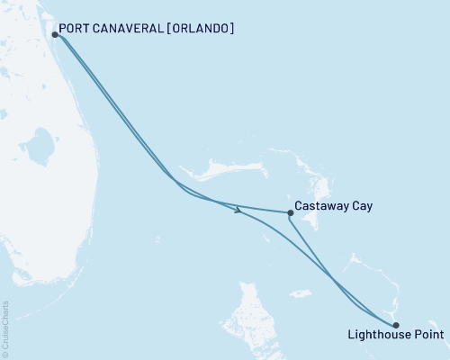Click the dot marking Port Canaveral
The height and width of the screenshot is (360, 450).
pos(56,35)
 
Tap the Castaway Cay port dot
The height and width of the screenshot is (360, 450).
pos(290,213)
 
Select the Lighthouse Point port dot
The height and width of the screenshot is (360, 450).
pos(396,326)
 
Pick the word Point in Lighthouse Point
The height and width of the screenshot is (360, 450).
pos(427,337)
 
